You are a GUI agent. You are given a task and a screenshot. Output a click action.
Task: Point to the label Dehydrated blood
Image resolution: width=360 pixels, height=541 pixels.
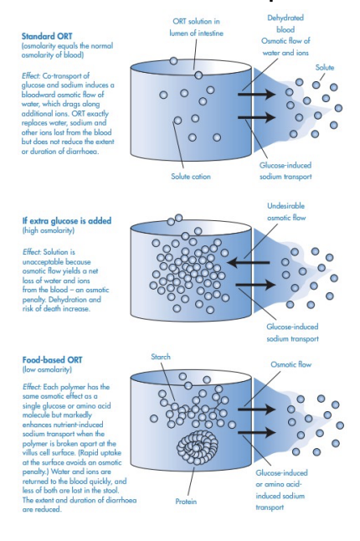[285, 23]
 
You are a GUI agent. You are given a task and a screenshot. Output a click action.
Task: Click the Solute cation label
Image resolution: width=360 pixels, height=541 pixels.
[191, 176]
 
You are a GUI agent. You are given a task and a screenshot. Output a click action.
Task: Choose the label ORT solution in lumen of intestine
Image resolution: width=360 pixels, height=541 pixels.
[197, 26]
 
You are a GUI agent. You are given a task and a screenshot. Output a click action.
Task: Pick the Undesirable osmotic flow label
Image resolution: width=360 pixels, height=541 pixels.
[286, 211]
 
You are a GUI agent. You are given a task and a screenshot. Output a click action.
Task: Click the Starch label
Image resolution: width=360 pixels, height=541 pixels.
[160, 357]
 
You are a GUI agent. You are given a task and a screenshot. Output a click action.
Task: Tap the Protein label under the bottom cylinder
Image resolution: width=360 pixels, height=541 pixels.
[186, 502]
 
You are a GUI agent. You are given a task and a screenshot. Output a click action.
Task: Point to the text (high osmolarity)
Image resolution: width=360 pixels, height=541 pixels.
[48, 232]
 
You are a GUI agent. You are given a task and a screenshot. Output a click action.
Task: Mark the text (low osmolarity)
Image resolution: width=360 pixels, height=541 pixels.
[47, 370]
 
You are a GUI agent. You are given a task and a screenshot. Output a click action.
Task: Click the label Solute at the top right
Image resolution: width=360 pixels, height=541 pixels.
[324, 66]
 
